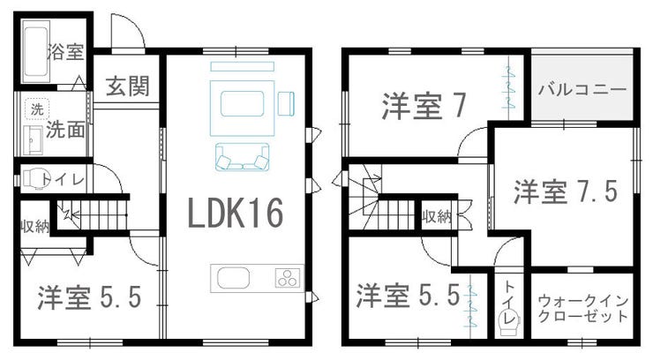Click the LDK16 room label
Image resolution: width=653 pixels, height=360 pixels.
click(x=236, y=213)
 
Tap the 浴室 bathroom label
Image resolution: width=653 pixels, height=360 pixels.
click(x=66, y=51)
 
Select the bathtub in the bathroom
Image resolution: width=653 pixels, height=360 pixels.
click(x=36, y=52)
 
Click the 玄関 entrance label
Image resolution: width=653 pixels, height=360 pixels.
click(x=127, y=86)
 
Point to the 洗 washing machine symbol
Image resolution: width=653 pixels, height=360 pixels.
click(x=37, y=109)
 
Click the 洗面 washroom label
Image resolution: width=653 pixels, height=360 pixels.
click(x=65, y=130)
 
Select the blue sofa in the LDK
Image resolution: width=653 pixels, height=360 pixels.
click(x=243, y=156)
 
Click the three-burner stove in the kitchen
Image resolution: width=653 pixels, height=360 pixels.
click(x=288, y=278)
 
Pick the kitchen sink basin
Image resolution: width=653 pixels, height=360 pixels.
click(x=234, y=278)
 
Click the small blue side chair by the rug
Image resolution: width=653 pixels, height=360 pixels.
click(x=286, y=103)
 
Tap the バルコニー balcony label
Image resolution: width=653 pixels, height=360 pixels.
click(x=582, y=90)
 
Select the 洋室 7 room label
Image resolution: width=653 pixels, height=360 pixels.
click(x=424, y=107)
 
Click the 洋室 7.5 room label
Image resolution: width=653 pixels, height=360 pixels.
click(x=565, y=191)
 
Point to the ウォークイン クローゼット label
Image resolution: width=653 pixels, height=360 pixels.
click(x=583, y=309)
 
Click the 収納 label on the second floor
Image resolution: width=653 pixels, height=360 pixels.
click(x=437, y=216)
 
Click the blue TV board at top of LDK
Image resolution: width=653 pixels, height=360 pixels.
click(x=243, y=66)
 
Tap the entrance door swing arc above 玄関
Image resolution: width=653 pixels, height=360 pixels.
click(x=134, y=26)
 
